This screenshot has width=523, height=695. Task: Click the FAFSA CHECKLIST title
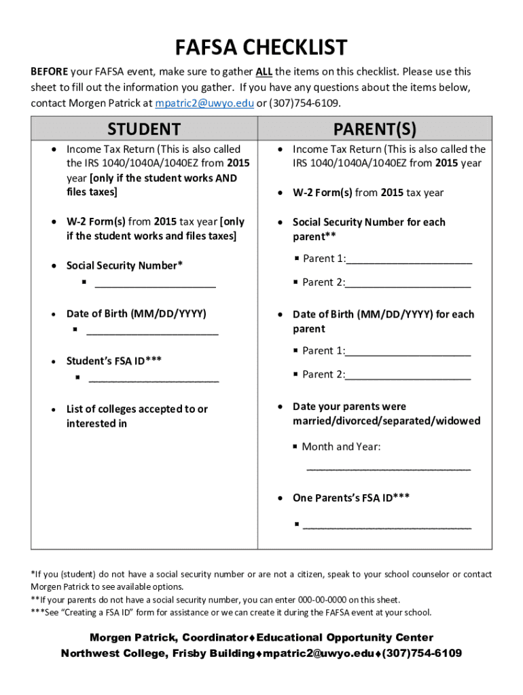(x=261, y=48)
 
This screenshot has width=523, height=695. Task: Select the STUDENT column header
(x=144, y=129)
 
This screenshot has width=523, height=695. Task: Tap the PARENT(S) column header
(x=374, y=129)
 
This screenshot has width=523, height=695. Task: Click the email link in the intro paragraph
(x=204, y=103)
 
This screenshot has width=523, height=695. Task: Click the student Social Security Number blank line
(x=156, y=286)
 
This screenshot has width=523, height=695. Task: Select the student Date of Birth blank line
(x=153, y=333)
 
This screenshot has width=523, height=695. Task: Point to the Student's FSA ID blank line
(x=154, y=379)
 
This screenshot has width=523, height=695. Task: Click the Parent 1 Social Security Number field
(x=409, y=261)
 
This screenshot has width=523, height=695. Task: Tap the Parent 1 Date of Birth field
(x=408, y=353)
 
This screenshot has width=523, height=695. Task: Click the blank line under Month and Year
(x=389, y=468)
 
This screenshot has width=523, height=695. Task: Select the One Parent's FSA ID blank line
(x=387, y=527)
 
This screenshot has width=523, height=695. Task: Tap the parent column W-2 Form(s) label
(x=323, y=193)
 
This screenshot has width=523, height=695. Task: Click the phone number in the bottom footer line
(x=422, y=654)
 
